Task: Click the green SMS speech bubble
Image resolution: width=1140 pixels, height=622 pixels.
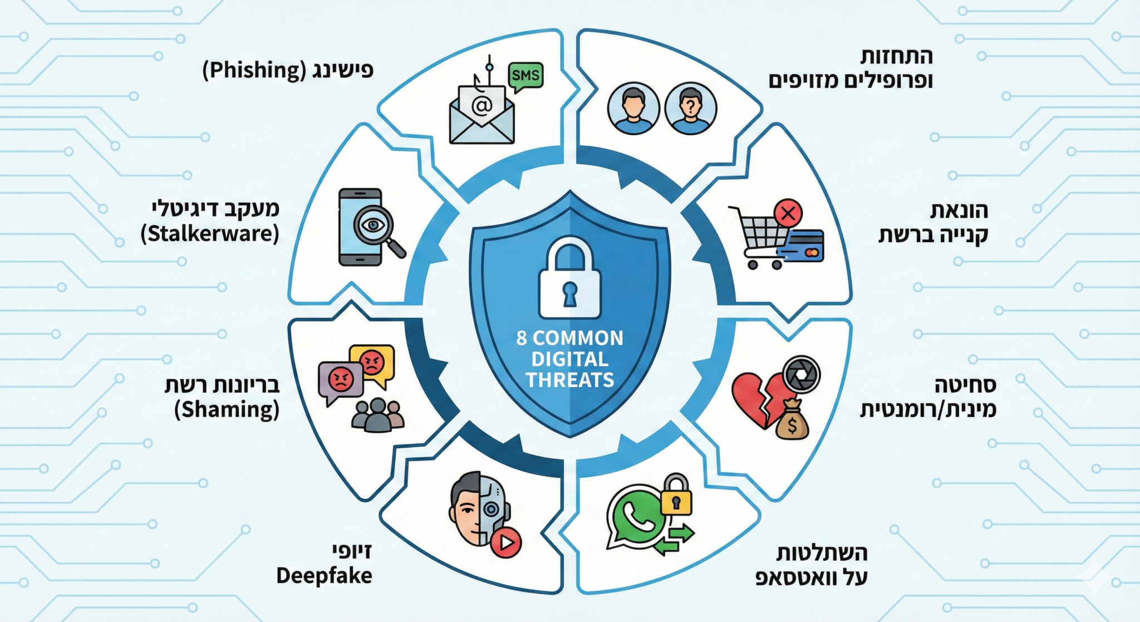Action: (x=525, y=75)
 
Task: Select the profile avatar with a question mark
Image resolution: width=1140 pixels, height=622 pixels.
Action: (x=690, y=109)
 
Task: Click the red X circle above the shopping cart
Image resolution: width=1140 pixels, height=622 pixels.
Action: (x=788, y=213)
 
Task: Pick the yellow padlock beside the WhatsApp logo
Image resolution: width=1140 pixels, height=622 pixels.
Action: (x=676, y=496)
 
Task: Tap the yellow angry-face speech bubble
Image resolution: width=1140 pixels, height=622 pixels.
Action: (x=372, y=363)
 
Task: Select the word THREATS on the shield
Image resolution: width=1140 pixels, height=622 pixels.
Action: (x=569, y=380)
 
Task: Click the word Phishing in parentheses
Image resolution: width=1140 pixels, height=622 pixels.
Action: (x=254, y=71)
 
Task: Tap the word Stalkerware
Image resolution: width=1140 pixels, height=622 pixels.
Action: (x=210, y=233)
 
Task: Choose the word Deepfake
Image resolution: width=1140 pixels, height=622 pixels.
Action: (x=324, y=576)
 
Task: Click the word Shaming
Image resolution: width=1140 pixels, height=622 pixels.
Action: (x=227, y=409)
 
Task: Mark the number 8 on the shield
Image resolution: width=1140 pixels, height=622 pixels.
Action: (x=521, y=338)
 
